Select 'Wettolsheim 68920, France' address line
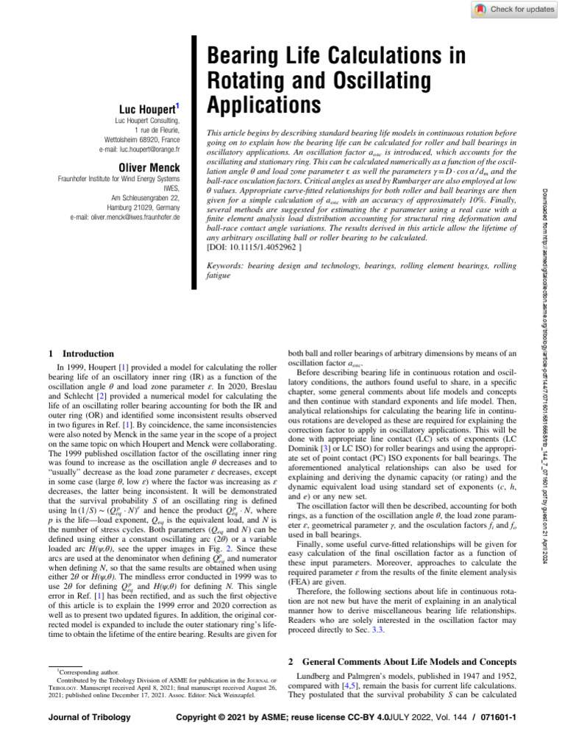140,139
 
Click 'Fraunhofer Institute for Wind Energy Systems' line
118,179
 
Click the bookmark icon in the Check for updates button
480,9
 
